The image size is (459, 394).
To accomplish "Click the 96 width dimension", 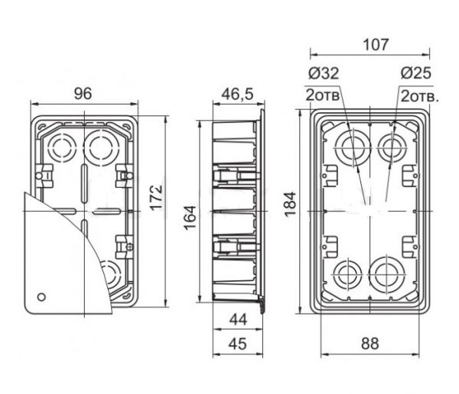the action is (x=83, y=93).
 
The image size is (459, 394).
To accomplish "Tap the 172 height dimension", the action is (x=156, y=197).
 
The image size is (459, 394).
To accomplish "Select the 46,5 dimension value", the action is (x=237, y=94).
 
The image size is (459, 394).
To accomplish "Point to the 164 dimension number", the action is (x=190, y=218).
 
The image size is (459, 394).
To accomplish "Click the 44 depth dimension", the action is (x=238, y=320).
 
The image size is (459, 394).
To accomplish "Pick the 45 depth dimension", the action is (x=238, y=344).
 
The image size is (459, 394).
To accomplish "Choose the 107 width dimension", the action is (x=376, y=45).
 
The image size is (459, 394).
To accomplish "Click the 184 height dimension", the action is (x=291, y=204).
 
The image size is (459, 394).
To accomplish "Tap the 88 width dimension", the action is (x=370, y=344).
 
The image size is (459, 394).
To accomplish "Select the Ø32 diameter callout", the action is (x=324, y=73).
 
